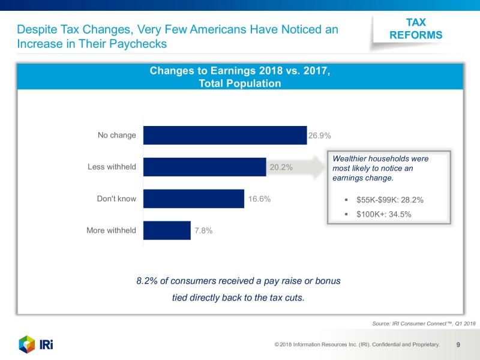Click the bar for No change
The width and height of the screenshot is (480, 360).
[225, 136]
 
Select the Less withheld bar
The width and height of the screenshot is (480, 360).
[205, 167]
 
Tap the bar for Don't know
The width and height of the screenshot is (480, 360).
[194, 199]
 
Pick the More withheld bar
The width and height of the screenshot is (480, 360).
[167, 230]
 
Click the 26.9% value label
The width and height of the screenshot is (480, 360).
[320, 136]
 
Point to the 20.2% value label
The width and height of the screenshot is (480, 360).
[281, 167]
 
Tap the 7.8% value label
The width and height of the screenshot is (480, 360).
[203, 230]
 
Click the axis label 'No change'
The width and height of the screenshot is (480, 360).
[117, 136]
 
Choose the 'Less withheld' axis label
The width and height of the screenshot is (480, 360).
[112, 167]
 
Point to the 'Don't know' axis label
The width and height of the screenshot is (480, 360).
[117, 199]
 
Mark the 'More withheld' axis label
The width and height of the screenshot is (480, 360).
[112, 230]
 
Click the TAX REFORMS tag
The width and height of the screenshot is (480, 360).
[416, 29]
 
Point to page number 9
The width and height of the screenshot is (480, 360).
[458, 344]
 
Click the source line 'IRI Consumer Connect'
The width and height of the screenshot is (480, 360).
[424, 323]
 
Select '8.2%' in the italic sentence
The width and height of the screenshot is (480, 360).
[147, 281]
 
